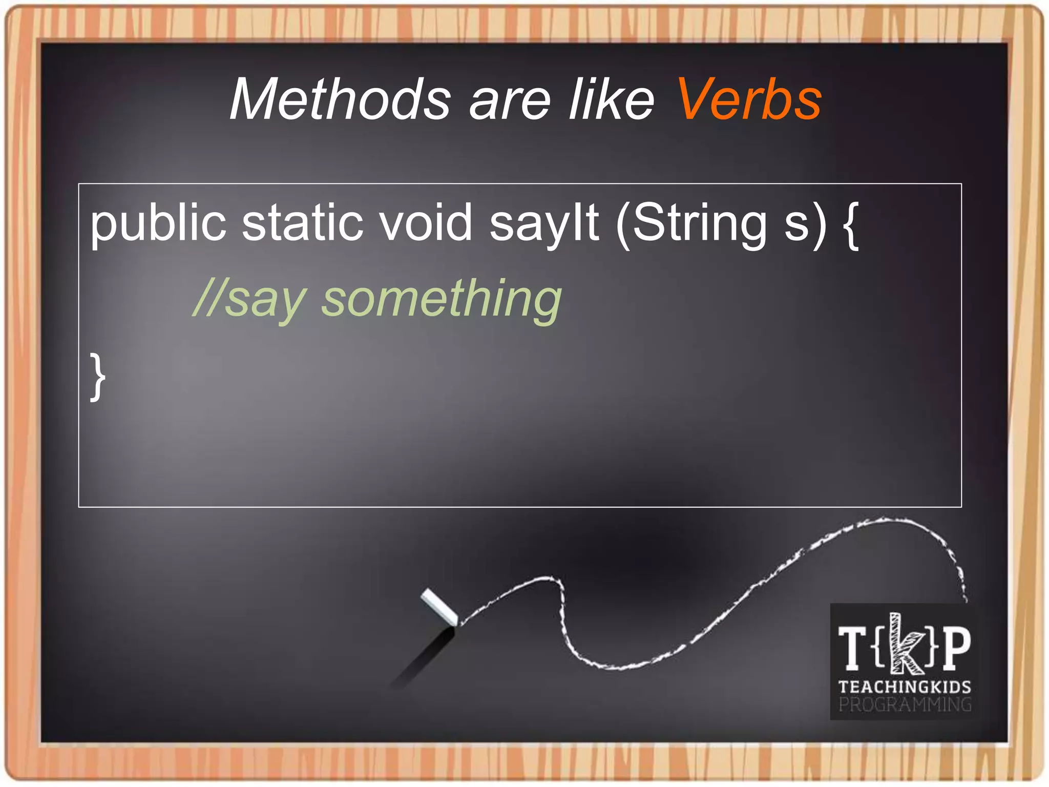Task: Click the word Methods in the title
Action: (341, 99)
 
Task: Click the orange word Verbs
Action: (749, 99)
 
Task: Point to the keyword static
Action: (303, 222)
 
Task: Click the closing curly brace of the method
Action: (97, 376)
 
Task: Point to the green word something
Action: (442, 300)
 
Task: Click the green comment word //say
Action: (249, 300)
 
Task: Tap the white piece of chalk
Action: (439, 607)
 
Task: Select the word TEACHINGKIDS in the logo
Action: (905, 687)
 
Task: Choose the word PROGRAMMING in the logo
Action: (905, 705)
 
